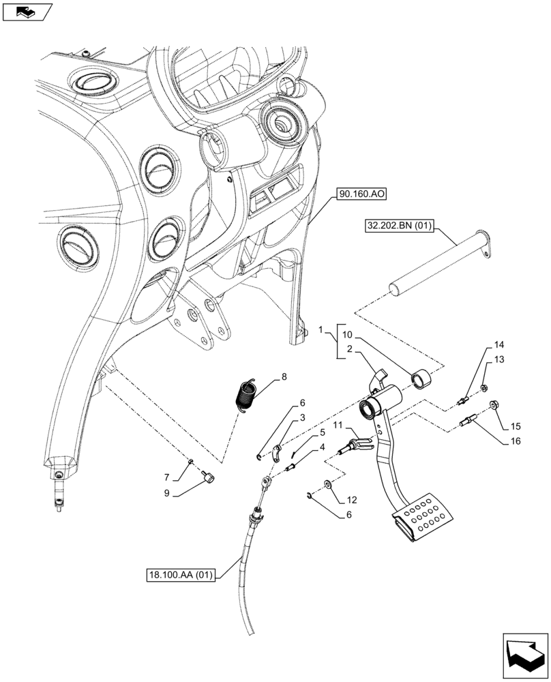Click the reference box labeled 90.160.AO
[x=361, y=194]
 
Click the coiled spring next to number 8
[x=245, y=396]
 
